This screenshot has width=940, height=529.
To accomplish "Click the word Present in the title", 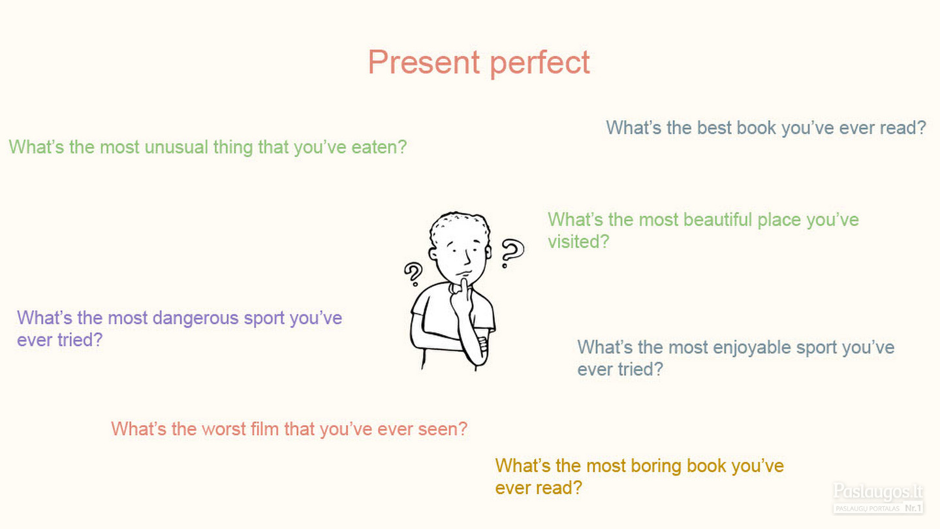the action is tap(424, 62).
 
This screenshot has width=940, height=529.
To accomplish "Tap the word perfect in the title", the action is tap(540, 63).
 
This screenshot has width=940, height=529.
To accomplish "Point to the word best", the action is tap(714, 127).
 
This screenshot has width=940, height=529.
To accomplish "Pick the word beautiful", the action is tap(717, 220).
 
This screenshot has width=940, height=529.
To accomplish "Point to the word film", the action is tap(265, 429).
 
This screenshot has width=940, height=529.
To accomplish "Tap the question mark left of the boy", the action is tap(413, 274).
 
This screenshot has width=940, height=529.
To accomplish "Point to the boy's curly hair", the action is tap(460, 226).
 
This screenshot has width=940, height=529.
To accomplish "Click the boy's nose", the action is tap(467, 257).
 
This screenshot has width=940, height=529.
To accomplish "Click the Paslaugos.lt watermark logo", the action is tap(879, 498).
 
